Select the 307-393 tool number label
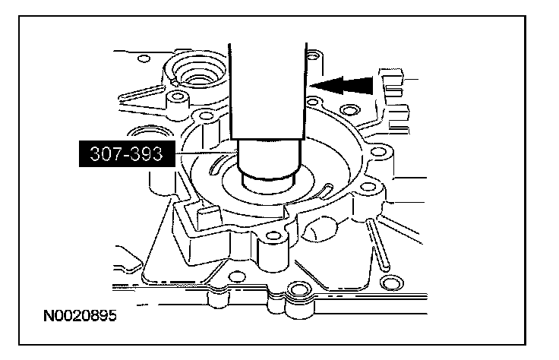(x=125, y=155)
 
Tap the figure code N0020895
(x=80, y=312)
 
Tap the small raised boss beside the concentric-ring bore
(x=180, y=98)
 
